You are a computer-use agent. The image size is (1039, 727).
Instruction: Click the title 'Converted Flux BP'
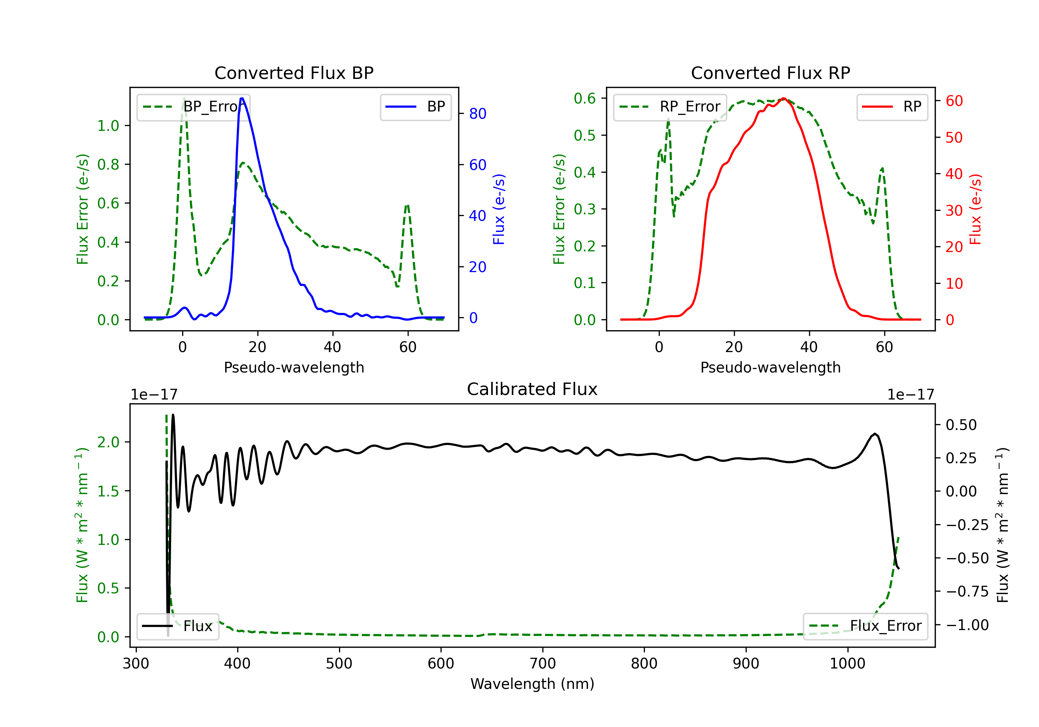pos(294,73)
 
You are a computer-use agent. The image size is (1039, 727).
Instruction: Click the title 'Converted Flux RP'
pos(770,73)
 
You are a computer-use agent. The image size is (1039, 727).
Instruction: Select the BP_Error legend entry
pos(193,107)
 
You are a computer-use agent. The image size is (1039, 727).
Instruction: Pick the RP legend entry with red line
pos(891,107)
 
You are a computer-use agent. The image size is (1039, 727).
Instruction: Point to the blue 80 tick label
pos(477,114)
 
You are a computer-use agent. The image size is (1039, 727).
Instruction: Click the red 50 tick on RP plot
pos(954,137)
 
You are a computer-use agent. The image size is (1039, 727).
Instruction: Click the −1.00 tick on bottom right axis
pos(967,625)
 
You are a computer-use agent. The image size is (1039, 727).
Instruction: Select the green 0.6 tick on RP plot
pos(585,98)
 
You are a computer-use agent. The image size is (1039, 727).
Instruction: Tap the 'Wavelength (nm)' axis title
pos(532,684)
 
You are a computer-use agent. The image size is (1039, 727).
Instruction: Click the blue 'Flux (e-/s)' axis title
pos(499,209)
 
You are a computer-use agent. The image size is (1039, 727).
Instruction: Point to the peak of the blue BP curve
pos(242,98)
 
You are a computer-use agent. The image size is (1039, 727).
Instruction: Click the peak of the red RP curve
pos(783,98)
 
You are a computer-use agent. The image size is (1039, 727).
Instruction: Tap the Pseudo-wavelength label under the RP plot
pos(770,367)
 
